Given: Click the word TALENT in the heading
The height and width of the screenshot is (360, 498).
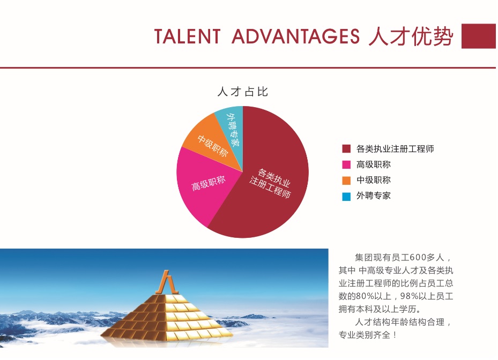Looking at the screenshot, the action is click(188, 36).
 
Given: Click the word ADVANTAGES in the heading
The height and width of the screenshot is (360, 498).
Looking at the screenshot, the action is click(296, 36).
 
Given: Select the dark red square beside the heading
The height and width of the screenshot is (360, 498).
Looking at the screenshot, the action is click(479, 36).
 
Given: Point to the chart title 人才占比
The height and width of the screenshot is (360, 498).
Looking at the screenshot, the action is click(243, 92).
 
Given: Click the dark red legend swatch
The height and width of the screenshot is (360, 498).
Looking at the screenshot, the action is click(346, 148).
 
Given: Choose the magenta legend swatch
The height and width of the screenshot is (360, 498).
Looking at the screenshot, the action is click(346, 164).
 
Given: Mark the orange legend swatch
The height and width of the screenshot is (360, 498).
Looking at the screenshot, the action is click(346, 181).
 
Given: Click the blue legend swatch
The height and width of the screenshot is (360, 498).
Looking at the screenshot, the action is click(346, 196).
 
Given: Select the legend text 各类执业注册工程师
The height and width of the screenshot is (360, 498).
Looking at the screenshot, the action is click(395, 148).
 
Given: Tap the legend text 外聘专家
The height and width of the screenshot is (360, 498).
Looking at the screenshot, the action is click(374, 196).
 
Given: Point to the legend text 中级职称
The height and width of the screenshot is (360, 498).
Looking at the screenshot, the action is click(374, 180).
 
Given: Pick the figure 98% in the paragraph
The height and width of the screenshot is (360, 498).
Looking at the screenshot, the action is click(409, 296).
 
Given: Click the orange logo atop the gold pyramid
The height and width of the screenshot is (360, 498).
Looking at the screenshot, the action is click(166, 282).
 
